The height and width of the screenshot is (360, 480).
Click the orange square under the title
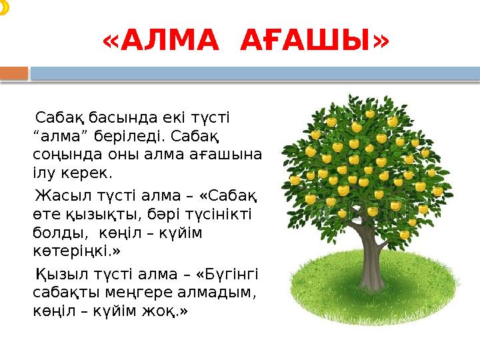(x=14, y=73)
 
